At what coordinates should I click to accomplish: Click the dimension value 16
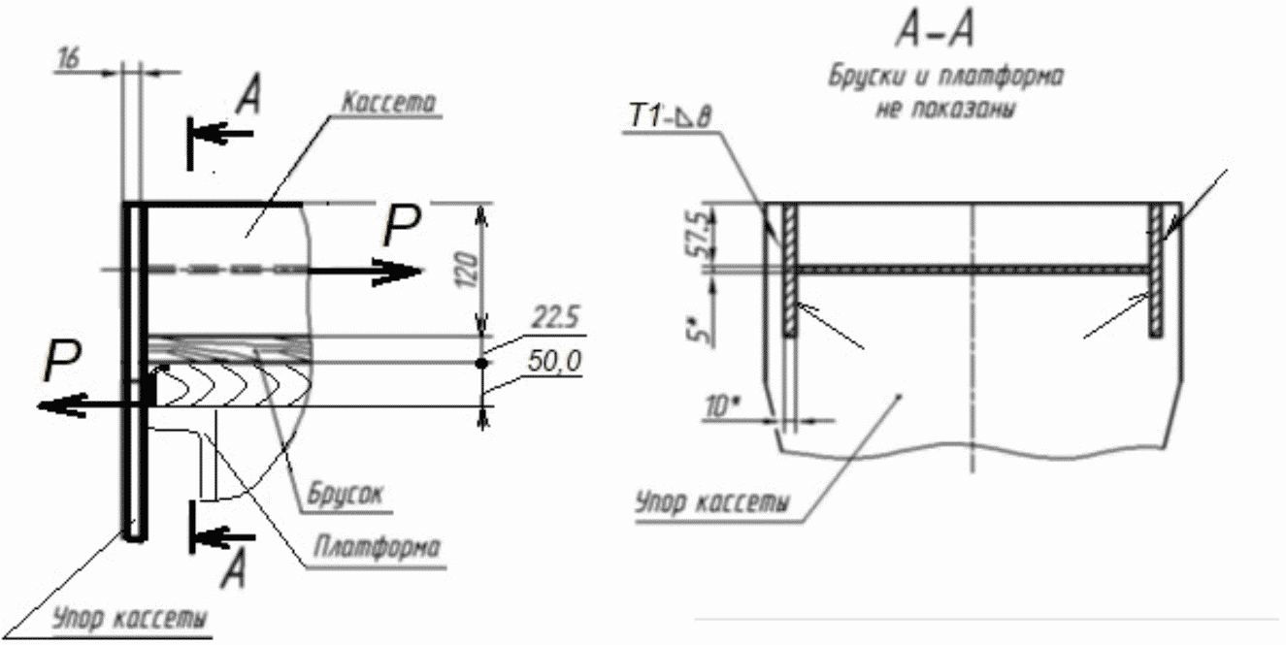click(x=69, y=58)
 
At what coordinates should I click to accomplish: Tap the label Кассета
click(x=388, y=102)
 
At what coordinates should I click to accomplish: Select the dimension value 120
click(x=469, y=270)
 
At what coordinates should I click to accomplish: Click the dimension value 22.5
click(x=555, y=317)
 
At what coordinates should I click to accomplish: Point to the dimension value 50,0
click(x=554, y=361)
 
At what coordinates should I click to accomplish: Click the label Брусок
click(x=346, y=494)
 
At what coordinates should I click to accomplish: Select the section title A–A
click(x=936, y=31)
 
